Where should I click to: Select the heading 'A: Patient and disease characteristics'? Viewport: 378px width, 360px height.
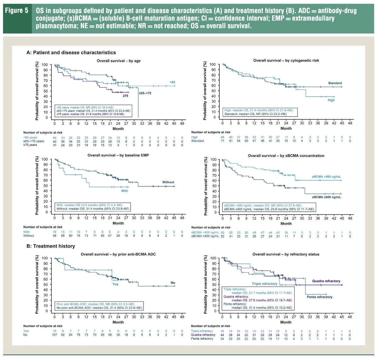point(71,53)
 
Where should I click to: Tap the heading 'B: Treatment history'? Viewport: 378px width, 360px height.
point(51,246)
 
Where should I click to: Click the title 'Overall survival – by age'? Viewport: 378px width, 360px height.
point(118,61)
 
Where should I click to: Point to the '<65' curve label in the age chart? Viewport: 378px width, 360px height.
point(172,82)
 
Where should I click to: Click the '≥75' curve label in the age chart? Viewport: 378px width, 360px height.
point(125,96)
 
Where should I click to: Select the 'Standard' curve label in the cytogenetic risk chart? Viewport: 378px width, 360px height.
point(335,83)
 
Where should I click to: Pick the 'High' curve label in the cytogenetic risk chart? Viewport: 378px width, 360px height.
point(331,100)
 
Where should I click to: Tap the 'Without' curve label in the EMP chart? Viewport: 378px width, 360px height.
point(168,182)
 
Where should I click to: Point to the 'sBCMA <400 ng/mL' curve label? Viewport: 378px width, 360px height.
point(326,177)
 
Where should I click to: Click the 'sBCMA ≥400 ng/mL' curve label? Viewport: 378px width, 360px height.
point(326,197)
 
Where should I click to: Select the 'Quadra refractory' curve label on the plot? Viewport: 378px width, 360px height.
point(326,281)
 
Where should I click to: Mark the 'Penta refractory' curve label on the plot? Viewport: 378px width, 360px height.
point(319,297)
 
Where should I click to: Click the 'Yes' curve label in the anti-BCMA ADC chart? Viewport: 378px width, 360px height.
point(116,284)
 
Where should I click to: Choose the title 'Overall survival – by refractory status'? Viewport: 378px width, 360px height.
point(286,254)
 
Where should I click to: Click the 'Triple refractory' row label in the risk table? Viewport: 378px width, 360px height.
point(202,331)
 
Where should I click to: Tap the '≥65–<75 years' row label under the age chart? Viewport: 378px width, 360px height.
point(34,141)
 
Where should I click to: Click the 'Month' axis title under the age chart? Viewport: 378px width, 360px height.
point(118,128)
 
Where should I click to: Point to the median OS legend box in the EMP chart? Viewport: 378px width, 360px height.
point(93,207)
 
